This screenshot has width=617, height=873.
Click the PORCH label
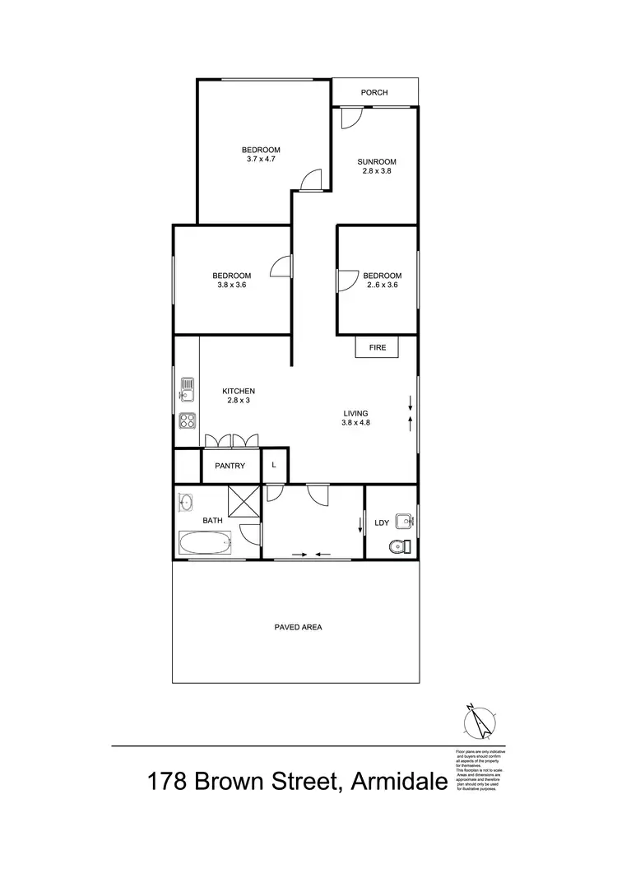(x=374, y=92)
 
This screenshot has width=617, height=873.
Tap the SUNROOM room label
(x=377, y=161)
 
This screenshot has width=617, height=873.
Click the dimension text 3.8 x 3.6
(x=232, y=285)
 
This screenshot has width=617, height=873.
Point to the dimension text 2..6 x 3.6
(x=383, y=285)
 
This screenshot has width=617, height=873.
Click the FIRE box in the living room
(x=377, y=348)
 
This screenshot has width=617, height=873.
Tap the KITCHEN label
(x=239, y=391)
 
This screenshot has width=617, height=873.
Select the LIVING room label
(x=355, y=413)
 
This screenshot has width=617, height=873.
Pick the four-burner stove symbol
(x=187, y=421)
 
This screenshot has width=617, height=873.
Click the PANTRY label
(x=230, y=466)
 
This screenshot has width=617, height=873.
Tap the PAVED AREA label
(x=298, y=627)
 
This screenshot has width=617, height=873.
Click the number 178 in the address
(x=168, y=782)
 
